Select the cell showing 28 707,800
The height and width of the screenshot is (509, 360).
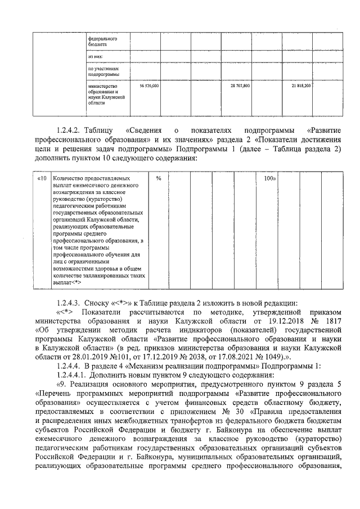coord(240,86)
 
